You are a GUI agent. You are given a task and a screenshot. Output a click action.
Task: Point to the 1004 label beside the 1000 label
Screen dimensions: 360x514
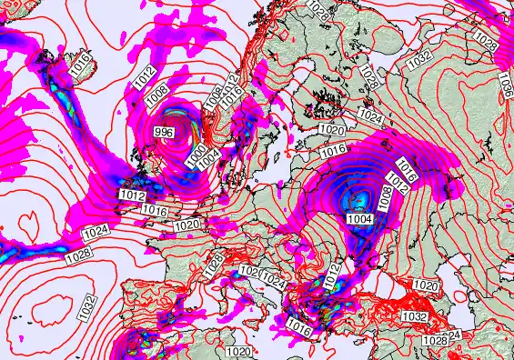click(x=208, y=158)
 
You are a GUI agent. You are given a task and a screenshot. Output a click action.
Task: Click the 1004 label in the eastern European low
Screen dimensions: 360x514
click(x=358, y=217)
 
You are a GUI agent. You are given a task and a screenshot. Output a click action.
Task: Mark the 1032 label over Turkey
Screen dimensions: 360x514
click(x=414, y=315)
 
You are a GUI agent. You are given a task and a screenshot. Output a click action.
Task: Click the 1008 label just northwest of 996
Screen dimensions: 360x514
click(x=156, y=90)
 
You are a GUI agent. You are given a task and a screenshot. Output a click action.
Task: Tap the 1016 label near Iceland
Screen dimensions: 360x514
click(x=77, y=66)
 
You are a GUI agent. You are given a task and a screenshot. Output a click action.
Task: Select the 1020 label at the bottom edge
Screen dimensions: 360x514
click(x=239, y=352)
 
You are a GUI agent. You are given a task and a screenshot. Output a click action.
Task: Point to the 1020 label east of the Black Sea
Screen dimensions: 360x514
click(x=425, y=286)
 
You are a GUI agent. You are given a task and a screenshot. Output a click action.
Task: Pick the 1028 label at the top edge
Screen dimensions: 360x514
click(x=316, y=6)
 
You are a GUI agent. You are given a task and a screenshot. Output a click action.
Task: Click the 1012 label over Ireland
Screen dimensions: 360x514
click(x=133, y=195)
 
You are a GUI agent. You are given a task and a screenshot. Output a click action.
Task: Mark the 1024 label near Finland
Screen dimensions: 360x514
click(x=369, y=116)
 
